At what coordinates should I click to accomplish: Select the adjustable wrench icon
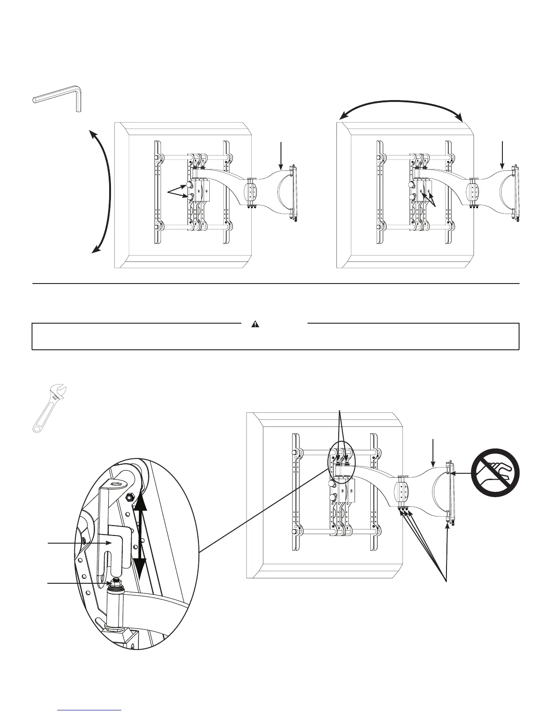tap(51, 407)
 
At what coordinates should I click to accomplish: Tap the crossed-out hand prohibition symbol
tap(495, 472)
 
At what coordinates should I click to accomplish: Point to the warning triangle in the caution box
tap(255, 324)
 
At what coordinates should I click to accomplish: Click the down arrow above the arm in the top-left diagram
tap(281, 156)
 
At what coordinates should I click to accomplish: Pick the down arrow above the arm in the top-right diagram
tap(503, 156)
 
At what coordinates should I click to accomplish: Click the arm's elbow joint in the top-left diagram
tap(251, 192)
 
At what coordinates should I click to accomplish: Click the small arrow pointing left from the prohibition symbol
tap(460, 473)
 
